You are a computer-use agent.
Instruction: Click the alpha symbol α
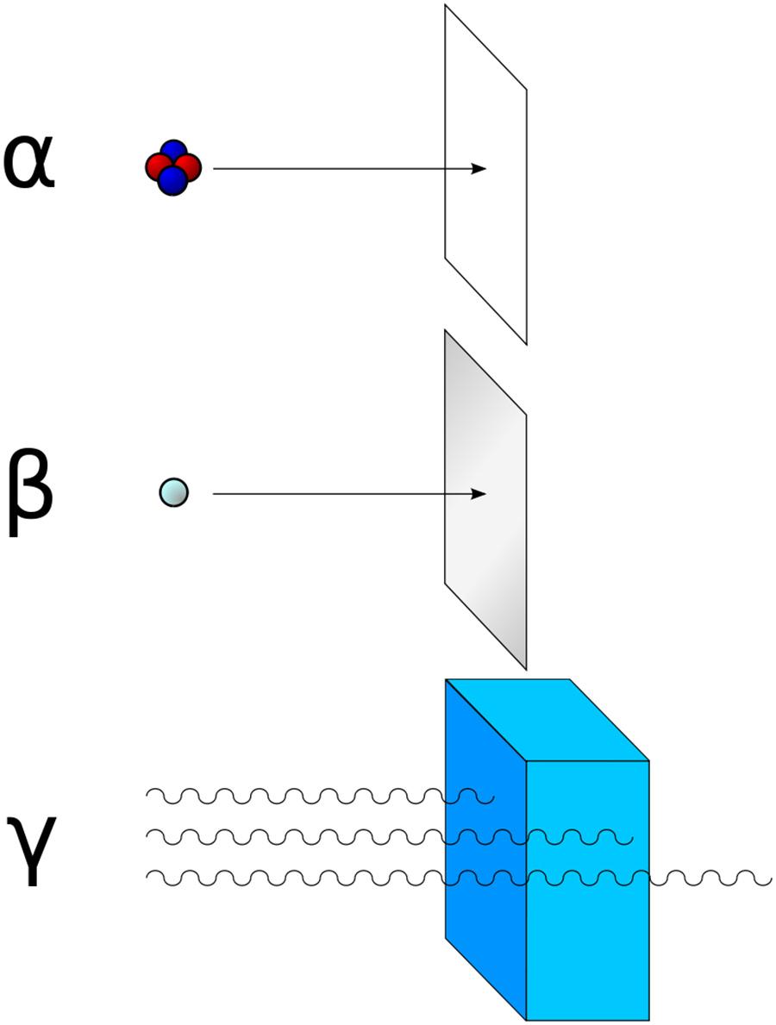pyautogui.click(x=28, y=163)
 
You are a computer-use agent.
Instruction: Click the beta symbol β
pyautogui.click(x=29, y=491)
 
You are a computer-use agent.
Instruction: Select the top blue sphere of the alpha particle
pyautogui.click(x=173, y=153)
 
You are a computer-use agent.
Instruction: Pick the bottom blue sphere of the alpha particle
pyautogui.click(x=173, y=181)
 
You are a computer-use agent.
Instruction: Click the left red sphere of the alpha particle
pyautogui.click(x=157, y=168)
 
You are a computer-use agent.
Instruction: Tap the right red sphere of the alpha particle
pyautogui.click(x=189, y=168)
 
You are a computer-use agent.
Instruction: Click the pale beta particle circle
pyautogui.click(x=174, y=492)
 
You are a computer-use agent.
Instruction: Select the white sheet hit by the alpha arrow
pyautogui.click(x=485, y=174)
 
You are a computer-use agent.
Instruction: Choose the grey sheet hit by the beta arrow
pyautogui.click(x=485, y=499)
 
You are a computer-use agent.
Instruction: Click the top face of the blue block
pyautogui.click(x=548, y=720)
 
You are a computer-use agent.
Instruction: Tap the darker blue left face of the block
pyautogui.click(x=485, y=849)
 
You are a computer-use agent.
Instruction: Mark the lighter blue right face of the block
pyautogui.click(x=588, y=891)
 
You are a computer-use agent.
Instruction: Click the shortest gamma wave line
pyautogui.click(x=321, y=797)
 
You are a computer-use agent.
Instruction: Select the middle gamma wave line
pyautogui.click(x=390, y=836)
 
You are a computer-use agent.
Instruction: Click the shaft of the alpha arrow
pyautogui.click(x=342, y=169)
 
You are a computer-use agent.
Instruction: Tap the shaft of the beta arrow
pyautogui.click(x=342, y=494)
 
